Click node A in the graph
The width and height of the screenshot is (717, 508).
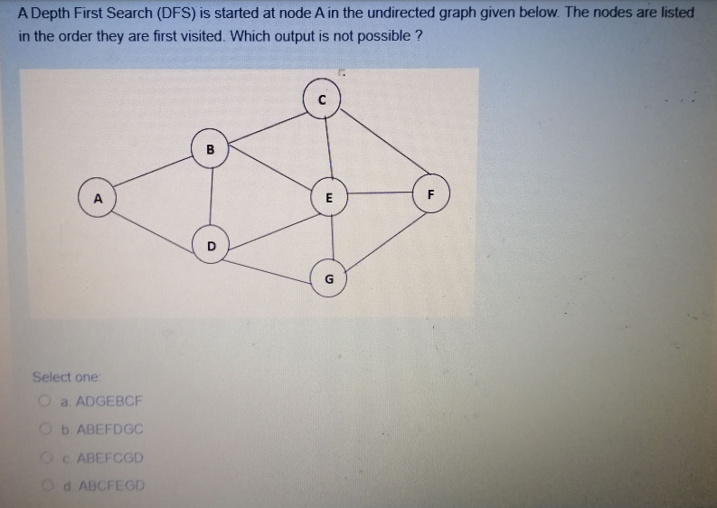pyautogui.click(x=98, y=197)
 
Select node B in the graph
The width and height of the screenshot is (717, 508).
pyautogui.click(x=211, y=147)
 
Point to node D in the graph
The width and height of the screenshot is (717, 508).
pyautogui.click(x=211, y=245)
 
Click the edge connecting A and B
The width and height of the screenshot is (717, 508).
pyautogui.click(x=154, y=173)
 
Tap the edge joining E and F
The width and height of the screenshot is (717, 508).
pyautogui.click(x=380, y=193)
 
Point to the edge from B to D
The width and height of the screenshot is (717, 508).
pyautogui.click(x=211, y=196)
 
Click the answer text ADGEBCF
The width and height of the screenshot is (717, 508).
pyautogui.click(x=105, y=401)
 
